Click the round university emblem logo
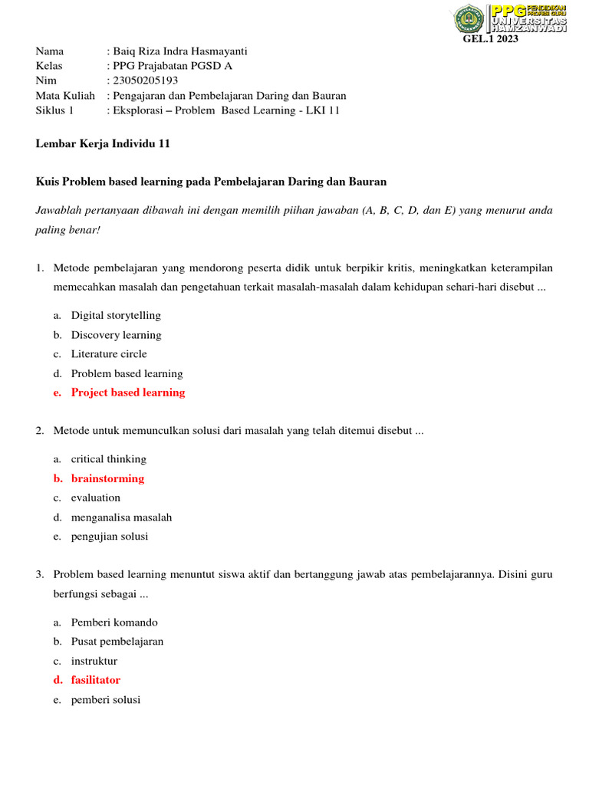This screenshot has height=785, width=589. (x=468, y=18)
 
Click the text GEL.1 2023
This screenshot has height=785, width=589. (x=491, y=40)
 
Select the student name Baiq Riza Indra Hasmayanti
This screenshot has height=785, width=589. (x=179, y=51)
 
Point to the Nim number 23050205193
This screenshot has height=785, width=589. (x=145, y=80)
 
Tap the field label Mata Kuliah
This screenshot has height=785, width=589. (x=65, y=96)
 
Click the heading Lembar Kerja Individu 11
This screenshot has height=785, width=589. (x=103, y=143)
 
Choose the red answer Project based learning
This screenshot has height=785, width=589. (x=128, y=392)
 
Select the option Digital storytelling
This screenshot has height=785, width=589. (x=116, y=315)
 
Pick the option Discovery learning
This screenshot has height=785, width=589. (x=116, y=335)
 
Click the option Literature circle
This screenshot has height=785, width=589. (x=109, y=354)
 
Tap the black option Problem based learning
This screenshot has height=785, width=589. (x=127, y=374)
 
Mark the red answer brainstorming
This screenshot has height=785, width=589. (x=107, y=478)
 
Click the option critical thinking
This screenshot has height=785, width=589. (x=108, y=459)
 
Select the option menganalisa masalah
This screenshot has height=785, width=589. (x=121, y=517)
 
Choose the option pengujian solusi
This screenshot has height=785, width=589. (x=110, y=537)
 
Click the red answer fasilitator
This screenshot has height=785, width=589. (x=96, y=680)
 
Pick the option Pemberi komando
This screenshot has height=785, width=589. (x=114, y=622)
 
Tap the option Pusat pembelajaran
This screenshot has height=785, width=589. (x=117, y=642)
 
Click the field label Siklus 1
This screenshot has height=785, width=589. (x=55, y=110)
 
